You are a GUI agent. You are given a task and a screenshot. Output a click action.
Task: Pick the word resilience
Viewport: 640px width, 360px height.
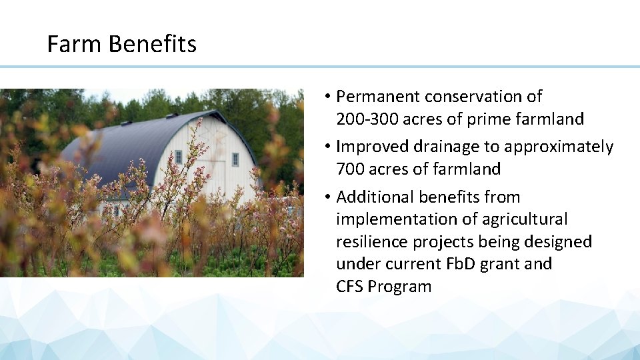375,241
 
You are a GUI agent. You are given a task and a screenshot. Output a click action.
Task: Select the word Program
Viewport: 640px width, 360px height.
399,287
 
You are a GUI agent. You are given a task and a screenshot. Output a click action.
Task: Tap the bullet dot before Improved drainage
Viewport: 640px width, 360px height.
329,147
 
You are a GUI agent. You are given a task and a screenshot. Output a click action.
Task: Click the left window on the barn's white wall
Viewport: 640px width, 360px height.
178,157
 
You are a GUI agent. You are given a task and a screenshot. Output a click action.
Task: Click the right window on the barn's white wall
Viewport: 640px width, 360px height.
235,159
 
